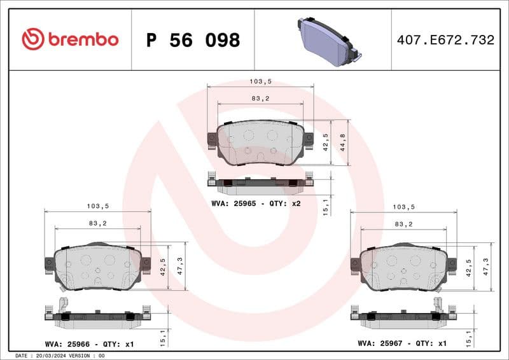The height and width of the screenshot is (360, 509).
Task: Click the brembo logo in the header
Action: click(x=70, y=39)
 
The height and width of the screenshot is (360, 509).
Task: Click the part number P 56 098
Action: click(x=193, y=40)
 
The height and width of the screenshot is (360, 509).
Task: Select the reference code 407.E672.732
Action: click(x=445, y=40)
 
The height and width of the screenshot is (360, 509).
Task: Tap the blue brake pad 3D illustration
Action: click(x=327, y=40)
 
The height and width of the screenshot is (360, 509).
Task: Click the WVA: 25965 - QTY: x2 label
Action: click(x=256, y=204)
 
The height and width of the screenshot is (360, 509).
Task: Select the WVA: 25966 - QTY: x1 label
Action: click(x=89, y=343)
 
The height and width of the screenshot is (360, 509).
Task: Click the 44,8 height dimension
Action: click(x=343, y=142)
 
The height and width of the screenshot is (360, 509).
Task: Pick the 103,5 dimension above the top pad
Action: click(x=260, y=82)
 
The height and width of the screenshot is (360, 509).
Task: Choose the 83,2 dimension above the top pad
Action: click(x=260, y=98)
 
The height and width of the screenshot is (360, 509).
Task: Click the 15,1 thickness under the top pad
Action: click(x=326, y=206)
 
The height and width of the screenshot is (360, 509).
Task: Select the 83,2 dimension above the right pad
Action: click(x=403, y=225)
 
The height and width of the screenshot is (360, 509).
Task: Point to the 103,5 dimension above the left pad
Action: click(x=98, y=206)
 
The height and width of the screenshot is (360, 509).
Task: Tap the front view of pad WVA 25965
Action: click(x=261, y=142)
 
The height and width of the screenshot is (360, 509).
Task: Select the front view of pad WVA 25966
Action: click(x=98, y=267)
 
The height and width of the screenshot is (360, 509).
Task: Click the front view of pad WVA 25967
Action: click(x=403, y=267)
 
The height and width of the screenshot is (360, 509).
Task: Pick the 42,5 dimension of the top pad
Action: click(x=326, y=142)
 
